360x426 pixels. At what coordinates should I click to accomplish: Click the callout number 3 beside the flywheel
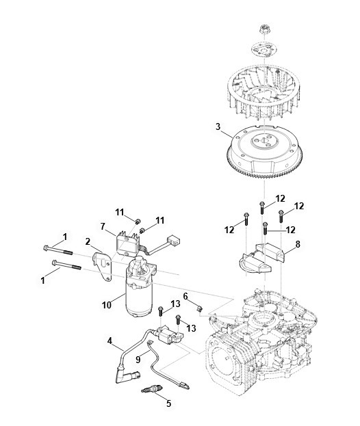coord(218,127)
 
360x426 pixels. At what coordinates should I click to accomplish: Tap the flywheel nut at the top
coord(263,29)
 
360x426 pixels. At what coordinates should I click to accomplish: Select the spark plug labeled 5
coord(149,390)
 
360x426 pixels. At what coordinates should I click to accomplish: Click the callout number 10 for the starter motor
coord(107,305)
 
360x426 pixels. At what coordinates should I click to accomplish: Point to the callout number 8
coord(298,244)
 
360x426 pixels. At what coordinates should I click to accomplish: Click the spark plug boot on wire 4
coord(127,376)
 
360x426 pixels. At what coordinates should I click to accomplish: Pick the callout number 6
coord(185,296)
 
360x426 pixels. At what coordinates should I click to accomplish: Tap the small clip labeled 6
coord(199,308)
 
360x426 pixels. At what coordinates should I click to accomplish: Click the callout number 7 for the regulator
coord(103,226)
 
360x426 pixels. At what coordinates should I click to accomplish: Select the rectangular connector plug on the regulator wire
coord(173,239)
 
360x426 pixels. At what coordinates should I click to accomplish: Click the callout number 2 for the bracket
coord(88,241)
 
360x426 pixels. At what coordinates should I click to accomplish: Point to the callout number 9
coord(138,360)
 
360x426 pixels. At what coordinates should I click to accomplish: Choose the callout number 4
coord(110,341)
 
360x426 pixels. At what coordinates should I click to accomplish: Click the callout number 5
coord(168,403)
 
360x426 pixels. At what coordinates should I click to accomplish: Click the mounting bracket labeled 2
coord(103,266)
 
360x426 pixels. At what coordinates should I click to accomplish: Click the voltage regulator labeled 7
coord(128,246)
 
